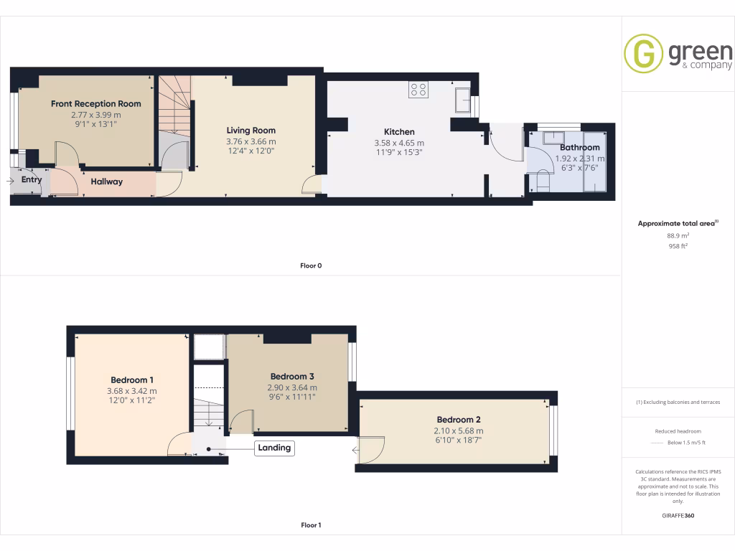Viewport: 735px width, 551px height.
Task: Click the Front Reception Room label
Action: click(x=95, y=104)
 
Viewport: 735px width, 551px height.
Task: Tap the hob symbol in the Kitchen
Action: click(x=418, y=90)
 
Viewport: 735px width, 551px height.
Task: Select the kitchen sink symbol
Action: click(x=462, y=100)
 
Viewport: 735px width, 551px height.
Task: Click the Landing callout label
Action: click(x=274, y=448)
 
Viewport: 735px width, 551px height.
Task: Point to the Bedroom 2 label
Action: click(x=458, y=420)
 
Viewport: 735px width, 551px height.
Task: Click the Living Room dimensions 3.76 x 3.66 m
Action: click(x=251, y=141)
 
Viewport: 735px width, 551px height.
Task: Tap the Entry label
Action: click(x=31, y=180)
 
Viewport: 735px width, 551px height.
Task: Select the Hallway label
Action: click(x=106, y=182)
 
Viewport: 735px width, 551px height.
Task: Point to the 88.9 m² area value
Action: click(x=678, y=235)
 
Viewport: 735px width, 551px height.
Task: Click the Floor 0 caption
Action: click(x=311, y=265)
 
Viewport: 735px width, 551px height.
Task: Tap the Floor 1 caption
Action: click(x=311, y=525)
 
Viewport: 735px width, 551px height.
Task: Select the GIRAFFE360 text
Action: click(x=678, y=515)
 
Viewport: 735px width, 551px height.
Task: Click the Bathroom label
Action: click(x=579, y=148)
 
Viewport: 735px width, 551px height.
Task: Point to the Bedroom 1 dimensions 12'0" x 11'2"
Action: click(x=131, y=402)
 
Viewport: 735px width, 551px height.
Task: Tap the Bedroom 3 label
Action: click(x=292, y=377)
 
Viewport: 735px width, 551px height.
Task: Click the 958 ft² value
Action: click(x=678, y=245)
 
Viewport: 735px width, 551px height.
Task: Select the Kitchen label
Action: click(x=399, y=132)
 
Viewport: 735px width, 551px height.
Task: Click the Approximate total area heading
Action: click(x=678, y=223)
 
